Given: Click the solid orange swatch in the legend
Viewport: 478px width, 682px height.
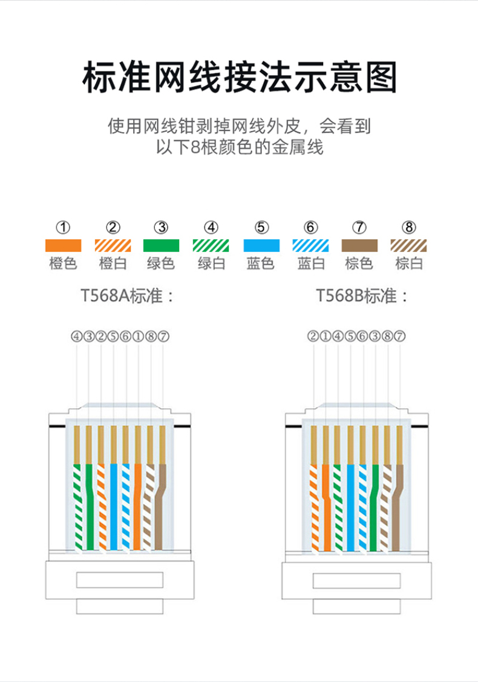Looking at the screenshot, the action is [x=63, y=245].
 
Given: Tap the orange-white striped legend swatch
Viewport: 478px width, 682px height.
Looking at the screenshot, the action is [x=113, y=245].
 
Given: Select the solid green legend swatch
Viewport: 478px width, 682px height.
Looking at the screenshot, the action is [x=161, y=245].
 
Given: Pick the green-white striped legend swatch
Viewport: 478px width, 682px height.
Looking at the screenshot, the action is [x=211, y=245].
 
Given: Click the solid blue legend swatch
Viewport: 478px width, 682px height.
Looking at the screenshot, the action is [x=261, y=245].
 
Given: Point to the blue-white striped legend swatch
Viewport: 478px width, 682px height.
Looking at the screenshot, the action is [x=311, y=245].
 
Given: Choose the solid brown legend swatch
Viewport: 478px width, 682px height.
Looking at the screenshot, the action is [x=359, y=245].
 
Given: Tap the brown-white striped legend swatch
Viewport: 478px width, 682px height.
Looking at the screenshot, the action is [x=408, y=245].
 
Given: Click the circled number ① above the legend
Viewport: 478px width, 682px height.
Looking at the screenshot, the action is [x=63, y=227].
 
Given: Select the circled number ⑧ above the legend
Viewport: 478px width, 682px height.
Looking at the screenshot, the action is [x=408, y=227].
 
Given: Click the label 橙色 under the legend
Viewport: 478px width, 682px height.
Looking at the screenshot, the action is [x=63, y=263].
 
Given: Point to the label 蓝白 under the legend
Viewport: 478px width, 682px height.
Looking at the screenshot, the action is [x=311, y=263].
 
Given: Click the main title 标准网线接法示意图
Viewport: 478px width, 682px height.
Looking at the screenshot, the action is [x=239, y=78].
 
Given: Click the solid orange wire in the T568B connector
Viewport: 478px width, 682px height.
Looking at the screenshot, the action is [x=327, y=508].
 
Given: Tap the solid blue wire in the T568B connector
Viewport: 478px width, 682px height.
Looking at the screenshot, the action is [x=351, y=508].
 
